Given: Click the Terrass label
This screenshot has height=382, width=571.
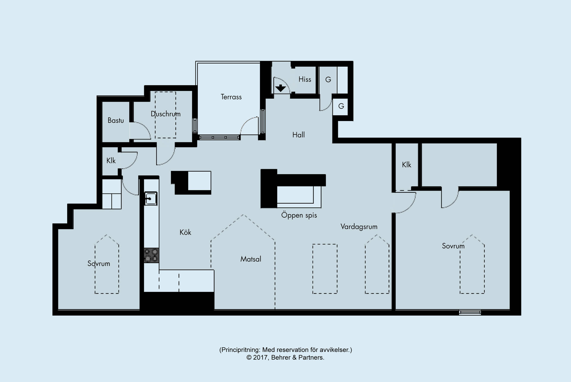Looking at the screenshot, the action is tap(231, 97).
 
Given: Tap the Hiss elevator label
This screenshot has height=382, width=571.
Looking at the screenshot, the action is tap(305, 79).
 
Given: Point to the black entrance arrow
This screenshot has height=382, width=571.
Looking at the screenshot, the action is tap(281, 88).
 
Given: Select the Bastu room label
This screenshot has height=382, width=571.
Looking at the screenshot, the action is tap(116, 120).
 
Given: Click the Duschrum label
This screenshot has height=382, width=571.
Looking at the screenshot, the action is tap(166, 114).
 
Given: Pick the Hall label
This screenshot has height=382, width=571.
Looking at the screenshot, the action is tap(299, 135).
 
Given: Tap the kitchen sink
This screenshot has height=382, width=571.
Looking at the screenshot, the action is tap(151, 198).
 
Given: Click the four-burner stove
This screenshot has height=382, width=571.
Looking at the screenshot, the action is tap(151, 256).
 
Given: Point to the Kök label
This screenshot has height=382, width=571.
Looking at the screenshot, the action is tap(185, 232).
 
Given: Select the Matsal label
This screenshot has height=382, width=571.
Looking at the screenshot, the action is tap(251, 259).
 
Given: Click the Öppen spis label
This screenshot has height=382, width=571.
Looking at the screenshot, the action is tap(299, 215).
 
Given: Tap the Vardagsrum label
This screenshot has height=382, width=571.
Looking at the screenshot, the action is tap(359, 227).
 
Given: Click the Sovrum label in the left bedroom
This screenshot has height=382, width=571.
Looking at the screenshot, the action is tap(99, 264).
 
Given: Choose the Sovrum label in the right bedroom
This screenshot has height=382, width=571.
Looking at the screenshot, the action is tap(453, 246).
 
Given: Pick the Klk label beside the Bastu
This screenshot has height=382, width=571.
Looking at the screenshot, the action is tap(111, 161).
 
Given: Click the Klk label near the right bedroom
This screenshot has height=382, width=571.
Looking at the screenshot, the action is tap(407, 165).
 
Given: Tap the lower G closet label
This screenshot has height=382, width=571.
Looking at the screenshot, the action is tap(341, 106).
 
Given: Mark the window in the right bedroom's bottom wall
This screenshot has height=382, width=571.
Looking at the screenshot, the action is tap(470, 312).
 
